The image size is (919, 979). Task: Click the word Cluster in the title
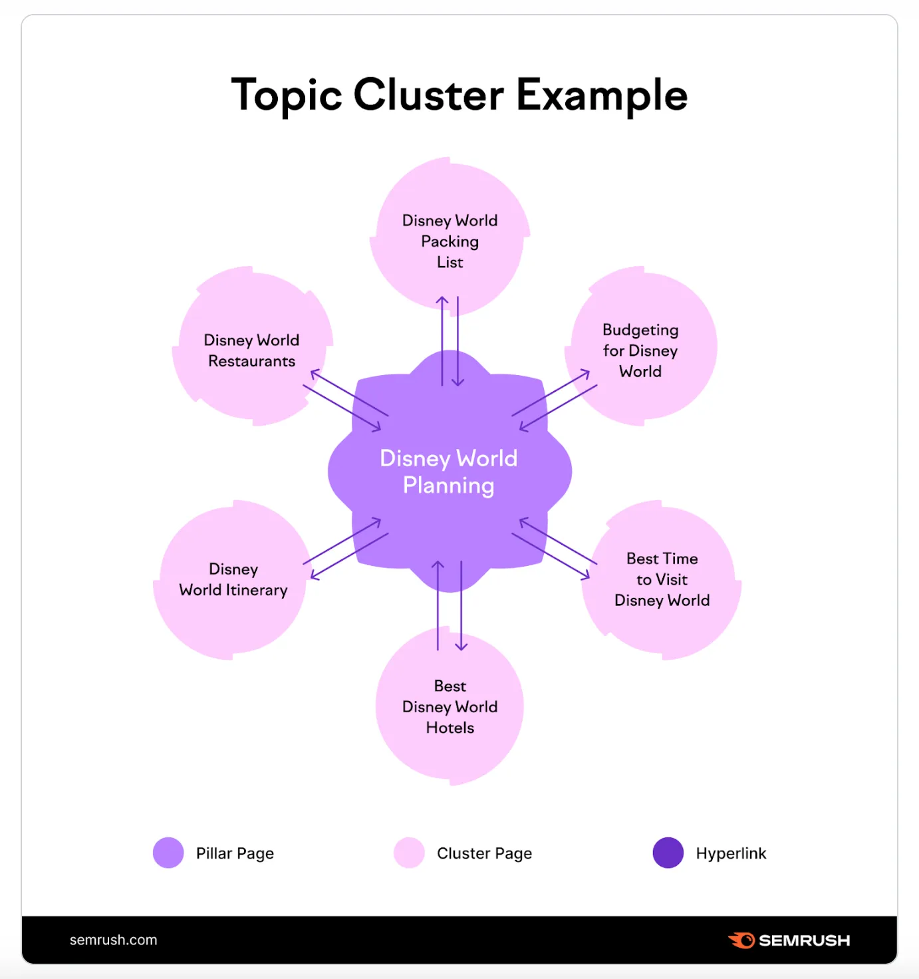pyautogui.click(x=428, y=94)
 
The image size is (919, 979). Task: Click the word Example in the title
pyautogui.click(x=602, y=97)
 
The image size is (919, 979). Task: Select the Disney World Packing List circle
pyautogui.click(x=450, y=236)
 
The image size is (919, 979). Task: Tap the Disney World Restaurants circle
pyautogui.click(x=252, y=346)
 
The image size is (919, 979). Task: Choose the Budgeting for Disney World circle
pyautogui.click(x=640, y=346)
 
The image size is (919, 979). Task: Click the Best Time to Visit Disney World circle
pyautogui.click(x=662, y=580)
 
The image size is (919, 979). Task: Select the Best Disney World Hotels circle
pyautogui.click(x=450, y=706)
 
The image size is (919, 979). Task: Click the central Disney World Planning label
pyautogui.click(x=449, y=472)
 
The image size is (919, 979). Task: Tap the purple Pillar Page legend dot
pyautogui.click(x=168, y=853)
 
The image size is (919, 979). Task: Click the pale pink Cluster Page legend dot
pyautogui.click(x=409, y=853)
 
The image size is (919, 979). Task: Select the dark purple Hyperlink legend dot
pyautogui.click(x=668, y=853)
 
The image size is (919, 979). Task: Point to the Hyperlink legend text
pyautogui.click(x=731, y=853)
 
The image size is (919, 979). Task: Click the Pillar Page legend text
pyautogui.click(x=235, y=853)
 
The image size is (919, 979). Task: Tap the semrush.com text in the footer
pyautogui.click(x=114, y=940)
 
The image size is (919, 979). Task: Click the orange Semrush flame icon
pyautogui.click(x=741, y=940)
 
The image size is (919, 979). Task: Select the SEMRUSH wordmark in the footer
pyautogui.click(x=805, y=940)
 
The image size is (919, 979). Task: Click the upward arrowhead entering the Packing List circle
pyautogui.click(x=442, y=300)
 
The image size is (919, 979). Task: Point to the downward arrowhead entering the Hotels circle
pyautogui.click(x=461, y=646)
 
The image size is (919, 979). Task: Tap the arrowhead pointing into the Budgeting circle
pyautogui.click(x=585, y=374)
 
